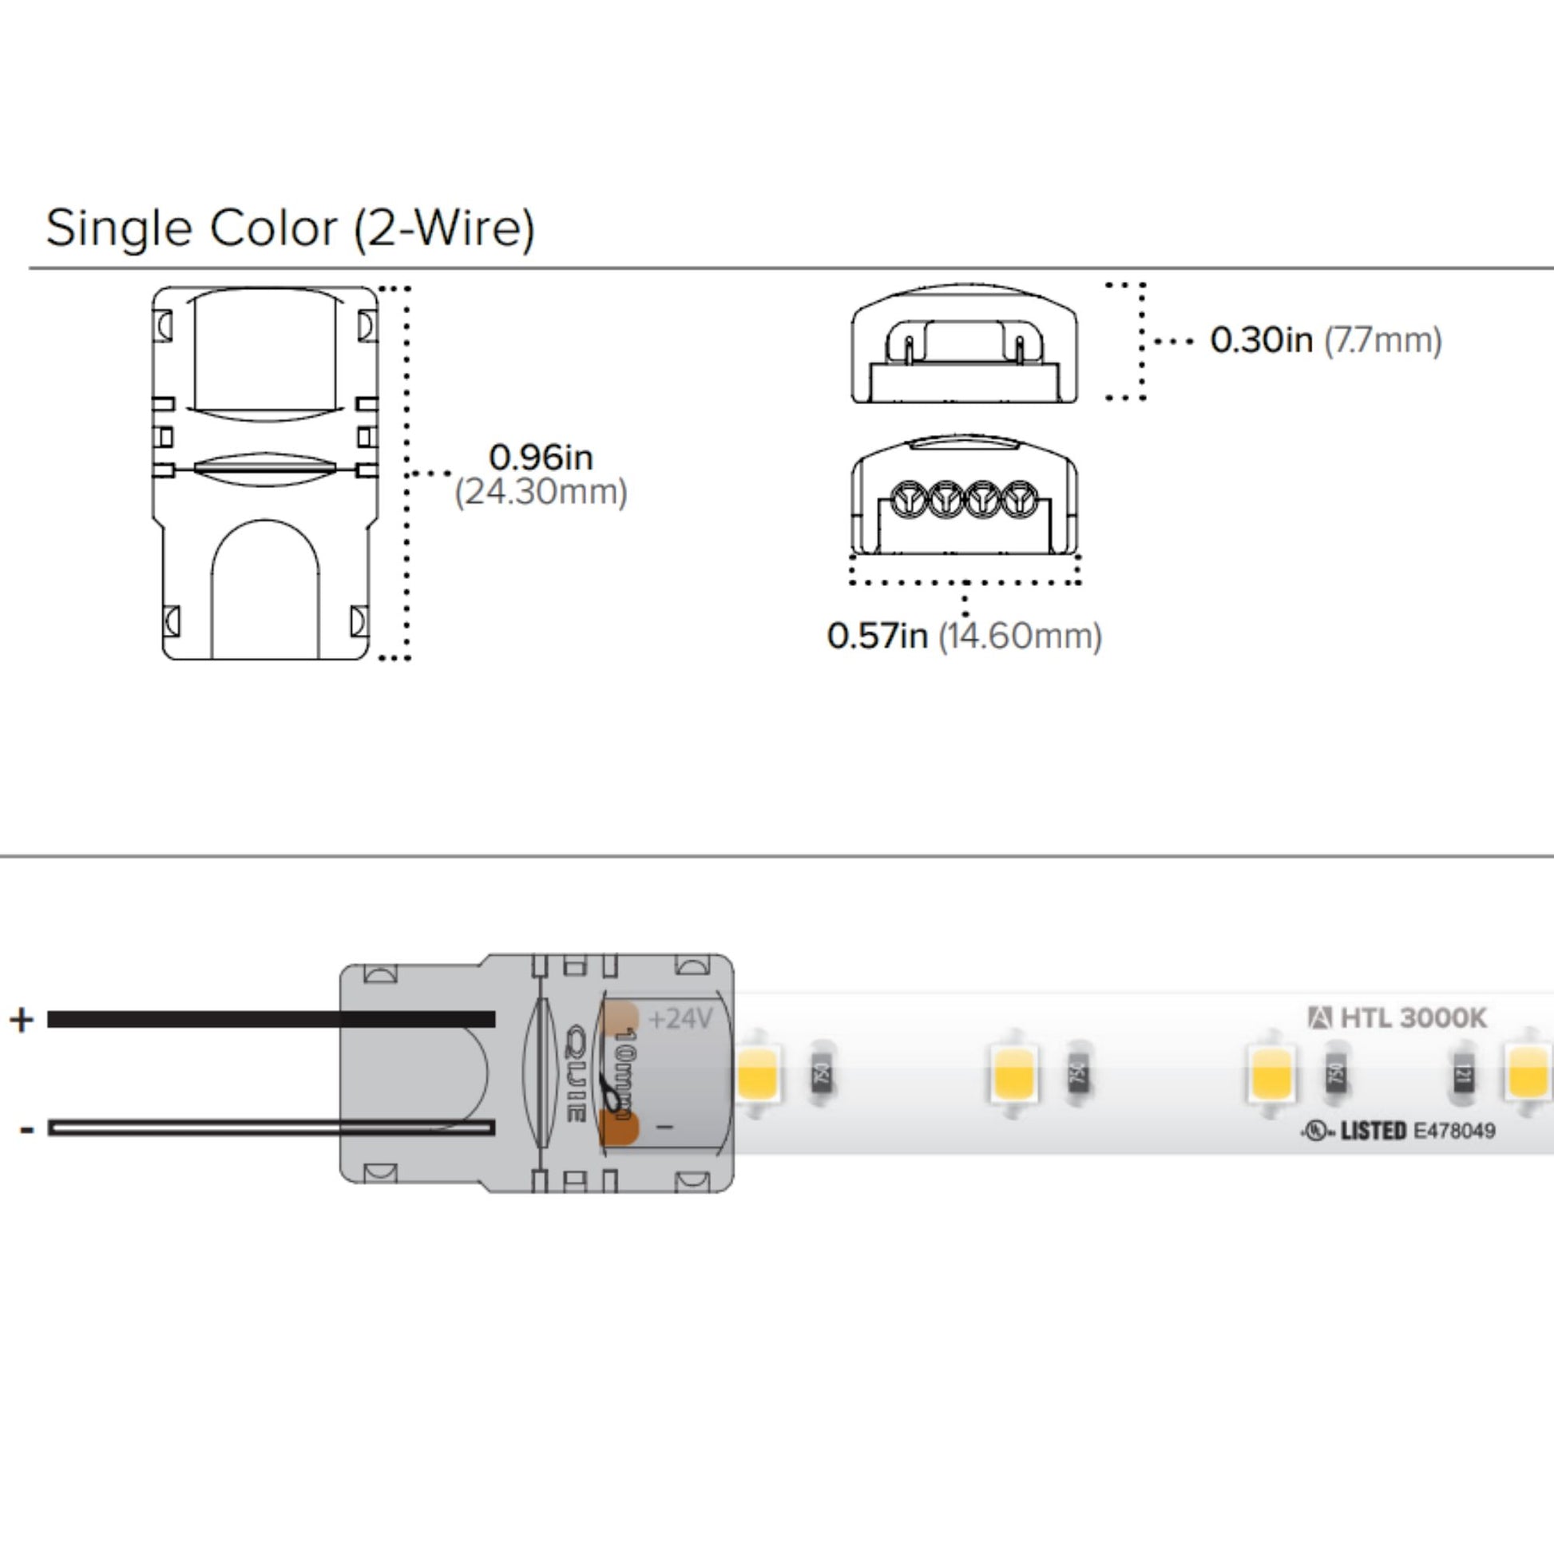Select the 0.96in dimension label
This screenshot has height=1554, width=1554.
541,458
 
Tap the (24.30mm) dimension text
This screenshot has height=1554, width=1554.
541,491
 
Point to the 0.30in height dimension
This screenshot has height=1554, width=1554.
1260,339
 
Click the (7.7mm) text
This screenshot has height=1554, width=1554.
1382,340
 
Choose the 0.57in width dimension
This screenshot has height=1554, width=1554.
877,636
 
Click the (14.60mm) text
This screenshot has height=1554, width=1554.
1020,636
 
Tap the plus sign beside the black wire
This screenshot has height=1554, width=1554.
22,1020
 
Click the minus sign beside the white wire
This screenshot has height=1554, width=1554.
26,1129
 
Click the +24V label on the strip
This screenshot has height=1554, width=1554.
680,1019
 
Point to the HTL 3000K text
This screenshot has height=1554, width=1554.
1413,1018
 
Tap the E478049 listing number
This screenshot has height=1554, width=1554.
1454,1131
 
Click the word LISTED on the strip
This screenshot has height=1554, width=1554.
1373,1131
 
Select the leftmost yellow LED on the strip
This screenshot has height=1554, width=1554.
757,1076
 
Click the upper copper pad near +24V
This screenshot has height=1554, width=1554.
621,1017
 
